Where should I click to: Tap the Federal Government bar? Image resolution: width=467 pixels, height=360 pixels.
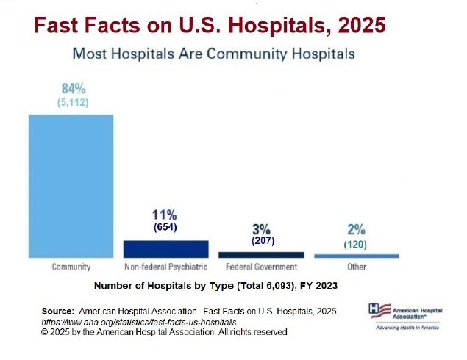261,254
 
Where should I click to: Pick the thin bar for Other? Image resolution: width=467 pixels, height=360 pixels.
356,256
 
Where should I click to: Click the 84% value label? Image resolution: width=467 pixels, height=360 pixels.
73,89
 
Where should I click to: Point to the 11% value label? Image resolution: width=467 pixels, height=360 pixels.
165,215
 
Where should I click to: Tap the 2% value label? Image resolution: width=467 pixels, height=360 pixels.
355,229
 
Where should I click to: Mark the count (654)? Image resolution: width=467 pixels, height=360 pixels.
165,228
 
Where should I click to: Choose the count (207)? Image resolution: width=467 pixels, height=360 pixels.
263,240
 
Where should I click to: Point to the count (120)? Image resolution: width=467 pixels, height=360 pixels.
355,244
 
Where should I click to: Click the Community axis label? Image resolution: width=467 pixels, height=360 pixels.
71,267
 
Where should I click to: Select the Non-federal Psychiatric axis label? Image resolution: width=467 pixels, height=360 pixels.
165,267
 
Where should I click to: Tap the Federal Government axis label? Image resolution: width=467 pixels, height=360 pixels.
261,267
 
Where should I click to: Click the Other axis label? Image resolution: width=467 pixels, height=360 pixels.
356,267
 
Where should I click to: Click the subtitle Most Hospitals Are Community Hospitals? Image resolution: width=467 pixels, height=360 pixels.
213,54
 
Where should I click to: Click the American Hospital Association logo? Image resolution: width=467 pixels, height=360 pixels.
405,314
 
